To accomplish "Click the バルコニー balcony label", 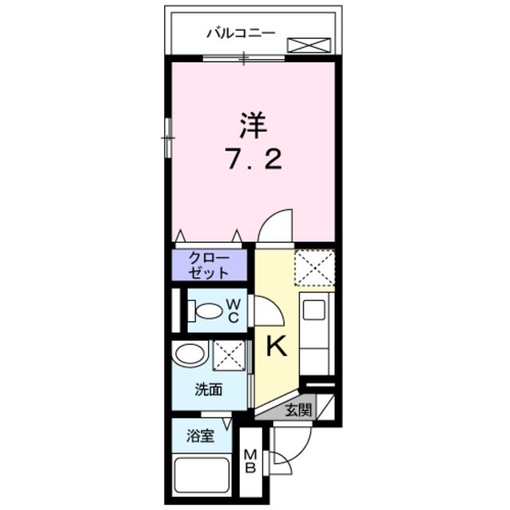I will coord(240,33).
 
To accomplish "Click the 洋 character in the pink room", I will coord(253,126).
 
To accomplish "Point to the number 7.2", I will coord(253,159).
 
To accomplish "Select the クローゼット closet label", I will coord(209,265).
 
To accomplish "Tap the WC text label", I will coord(233,311).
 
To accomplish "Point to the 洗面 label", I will coord(209,390).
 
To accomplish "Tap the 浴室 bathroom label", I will coord(200,436).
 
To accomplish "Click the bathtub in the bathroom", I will coord(202,477).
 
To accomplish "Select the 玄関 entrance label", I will coord(298,411).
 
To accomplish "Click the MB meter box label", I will coord(249,461).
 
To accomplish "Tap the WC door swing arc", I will coord(267,310).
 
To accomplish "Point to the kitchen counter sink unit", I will coord(317,335).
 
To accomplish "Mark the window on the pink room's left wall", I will coord(168,138).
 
